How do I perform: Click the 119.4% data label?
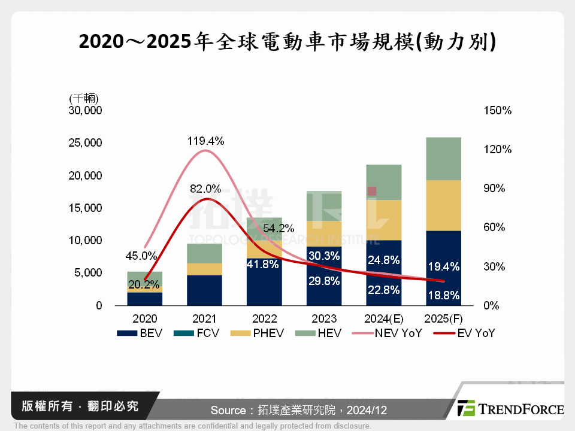coord(205,141)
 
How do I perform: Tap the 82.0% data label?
coord(205,188)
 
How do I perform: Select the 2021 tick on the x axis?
coord(205,318)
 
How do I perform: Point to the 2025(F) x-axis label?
coord(444,318)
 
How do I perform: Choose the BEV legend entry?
coord(140,333)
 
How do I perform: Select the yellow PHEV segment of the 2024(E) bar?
coord(384,220)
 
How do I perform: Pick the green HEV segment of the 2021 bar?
coord(205,253)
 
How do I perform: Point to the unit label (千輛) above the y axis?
coord(84,98)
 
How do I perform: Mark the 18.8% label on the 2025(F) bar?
coord(444,295)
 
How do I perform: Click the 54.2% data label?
coord(278,228)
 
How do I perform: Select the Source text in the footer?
coord(299,410)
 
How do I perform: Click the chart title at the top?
coord(287,43)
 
